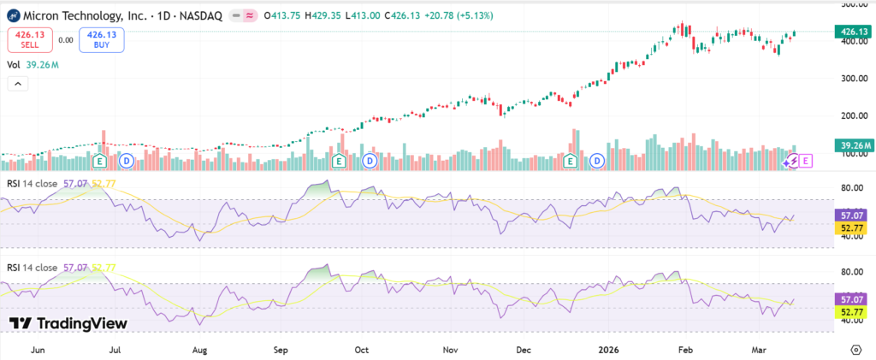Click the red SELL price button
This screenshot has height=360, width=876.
[31, 39]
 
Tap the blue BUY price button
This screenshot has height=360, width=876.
[102, 39]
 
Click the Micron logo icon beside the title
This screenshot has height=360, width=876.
[13, 15]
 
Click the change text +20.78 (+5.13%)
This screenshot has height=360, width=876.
[451, 15]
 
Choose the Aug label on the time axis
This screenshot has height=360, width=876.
[199, 350]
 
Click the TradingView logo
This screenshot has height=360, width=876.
[68, 323]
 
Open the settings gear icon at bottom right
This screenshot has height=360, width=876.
[856, 350]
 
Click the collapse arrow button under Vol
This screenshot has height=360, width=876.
[17, 84]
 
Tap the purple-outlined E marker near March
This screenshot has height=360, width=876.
[806, 160]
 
